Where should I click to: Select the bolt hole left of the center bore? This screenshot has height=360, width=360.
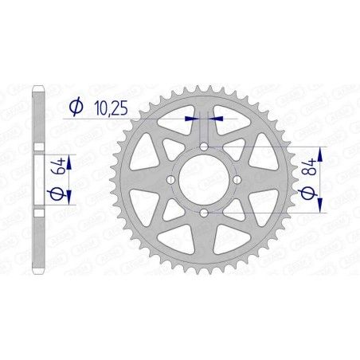(x=171, y=180)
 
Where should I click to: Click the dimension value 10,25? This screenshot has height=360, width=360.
(x=109, y=107)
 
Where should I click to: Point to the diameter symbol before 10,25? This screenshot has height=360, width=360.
(x=76, y=107)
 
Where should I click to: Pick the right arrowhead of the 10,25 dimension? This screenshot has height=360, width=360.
(x=217, y=118)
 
